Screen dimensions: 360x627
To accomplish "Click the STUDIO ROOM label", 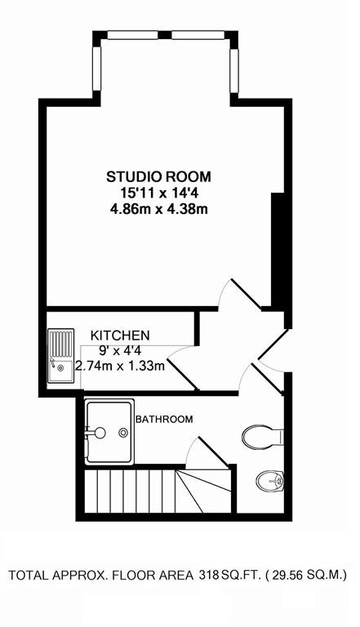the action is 158,176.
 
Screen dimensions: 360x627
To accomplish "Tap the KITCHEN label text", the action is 120,335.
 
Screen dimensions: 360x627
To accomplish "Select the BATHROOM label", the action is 164,420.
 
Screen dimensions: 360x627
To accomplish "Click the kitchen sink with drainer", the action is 60,355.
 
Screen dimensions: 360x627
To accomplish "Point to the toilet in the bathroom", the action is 263,436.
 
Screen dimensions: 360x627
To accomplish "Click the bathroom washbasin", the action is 269,480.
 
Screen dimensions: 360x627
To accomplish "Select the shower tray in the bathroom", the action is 109,431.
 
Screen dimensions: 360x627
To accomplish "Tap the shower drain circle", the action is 123,432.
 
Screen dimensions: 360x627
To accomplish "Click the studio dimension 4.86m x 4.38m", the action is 159,209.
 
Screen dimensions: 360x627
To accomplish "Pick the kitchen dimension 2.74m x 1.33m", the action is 120,366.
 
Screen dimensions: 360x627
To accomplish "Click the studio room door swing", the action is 239,294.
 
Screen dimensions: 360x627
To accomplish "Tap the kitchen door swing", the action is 182,368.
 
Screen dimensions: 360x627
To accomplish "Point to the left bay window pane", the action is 96,69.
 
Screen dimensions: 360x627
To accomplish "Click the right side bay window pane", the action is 234,71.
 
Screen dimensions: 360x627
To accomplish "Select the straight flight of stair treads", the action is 130,491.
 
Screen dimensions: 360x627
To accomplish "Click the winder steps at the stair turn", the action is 203,491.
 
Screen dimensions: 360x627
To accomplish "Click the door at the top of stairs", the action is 207,452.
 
